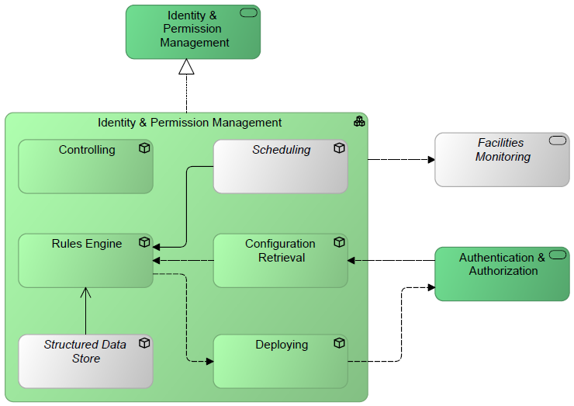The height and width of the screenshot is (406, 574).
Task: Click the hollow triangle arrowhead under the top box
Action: click(186, 68)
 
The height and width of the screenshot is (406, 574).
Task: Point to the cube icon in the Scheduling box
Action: click(339, 148)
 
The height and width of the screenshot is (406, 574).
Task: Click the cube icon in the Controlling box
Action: click(144, 148)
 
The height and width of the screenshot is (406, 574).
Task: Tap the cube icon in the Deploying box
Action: click(339, 343)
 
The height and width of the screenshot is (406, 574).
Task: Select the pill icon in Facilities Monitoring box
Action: click(557, 141)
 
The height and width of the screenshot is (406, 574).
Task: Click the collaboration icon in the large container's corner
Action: click(359, 121)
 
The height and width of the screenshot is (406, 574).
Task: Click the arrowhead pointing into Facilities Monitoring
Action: click(430, 160)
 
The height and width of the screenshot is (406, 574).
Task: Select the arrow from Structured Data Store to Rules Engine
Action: click(86, 311)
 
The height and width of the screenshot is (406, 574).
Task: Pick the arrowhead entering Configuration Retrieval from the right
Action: click(351, 261)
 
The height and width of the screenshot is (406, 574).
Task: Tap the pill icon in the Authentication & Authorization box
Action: click(557, 255)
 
